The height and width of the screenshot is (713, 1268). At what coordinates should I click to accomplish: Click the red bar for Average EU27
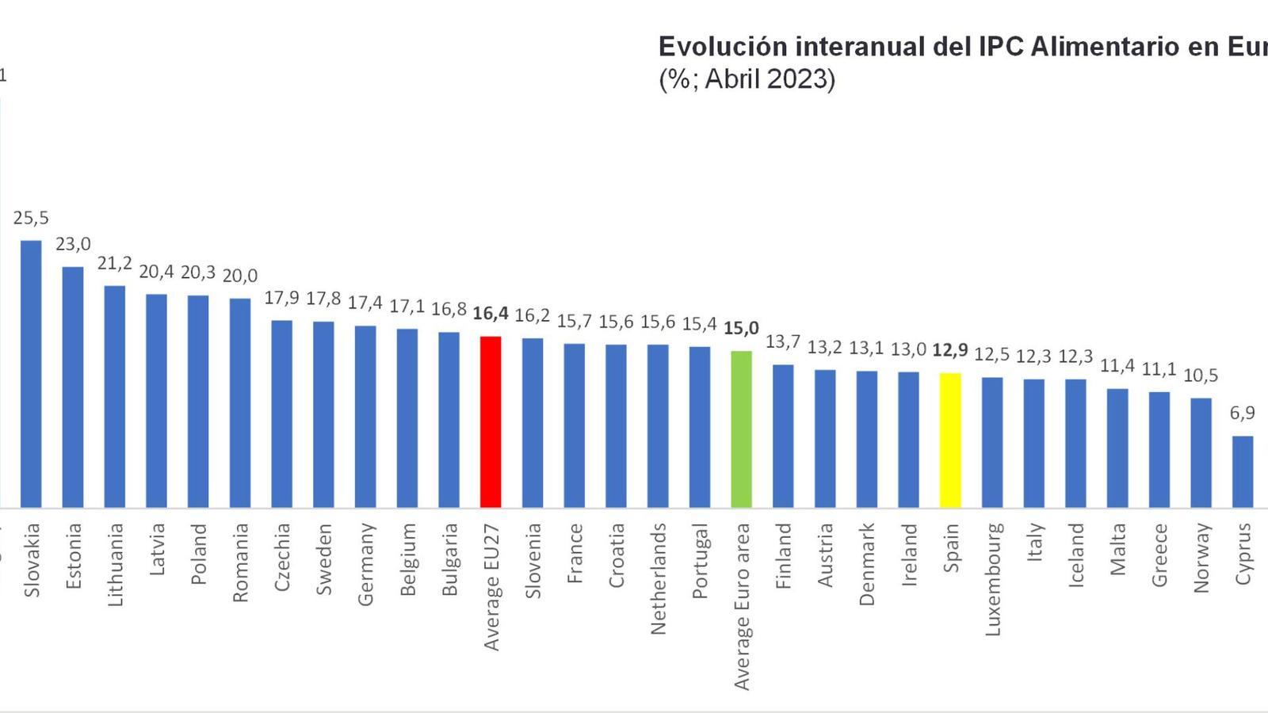(x=491, y=421)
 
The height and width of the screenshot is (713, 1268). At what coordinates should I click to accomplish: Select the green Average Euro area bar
(x=741, y=429)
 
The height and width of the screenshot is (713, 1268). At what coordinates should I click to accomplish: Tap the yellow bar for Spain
(x=950, y=440)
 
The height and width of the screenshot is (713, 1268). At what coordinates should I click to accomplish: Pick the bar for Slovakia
(x=31, y=373)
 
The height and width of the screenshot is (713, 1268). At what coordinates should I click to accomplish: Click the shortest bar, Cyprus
(x=1243, y=471)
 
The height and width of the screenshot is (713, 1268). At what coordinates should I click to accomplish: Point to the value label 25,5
(x=31, y=218)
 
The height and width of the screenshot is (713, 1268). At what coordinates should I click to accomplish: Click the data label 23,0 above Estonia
(x=73, y=244)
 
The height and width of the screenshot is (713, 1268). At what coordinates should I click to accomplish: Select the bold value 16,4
(x=491, y=314)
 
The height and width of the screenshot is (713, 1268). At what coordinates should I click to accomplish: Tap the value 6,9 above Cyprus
(x=1243, y=413)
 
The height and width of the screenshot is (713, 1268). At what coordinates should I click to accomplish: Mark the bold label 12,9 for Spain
(x=950, y=350)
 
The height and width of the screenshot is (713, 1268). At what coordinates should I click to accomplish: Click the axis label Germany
(x=365, y=564)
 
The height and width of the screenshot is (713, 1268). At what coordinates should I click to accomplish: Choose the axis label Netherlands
(x=658, y=578)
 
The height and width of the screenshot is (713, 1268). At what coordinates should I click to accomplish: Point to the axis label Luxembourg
(x=993, y=578)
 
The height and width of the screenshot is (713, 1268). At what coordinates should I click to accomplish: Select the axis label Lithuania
(x=115, y=564)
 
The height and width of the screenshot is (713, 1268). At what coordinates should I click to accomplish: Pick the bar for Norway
(x=1201, y=452)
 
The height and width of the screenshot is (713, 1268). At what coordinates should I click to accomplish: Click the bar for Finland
(x=783, y=436)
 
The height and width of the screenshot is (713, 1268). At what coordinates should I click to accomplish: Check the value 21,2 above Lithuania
(x=115, y=263)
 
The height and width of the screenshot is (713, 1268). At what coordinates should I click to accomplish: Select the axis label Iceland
(x=1075, y=555)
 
